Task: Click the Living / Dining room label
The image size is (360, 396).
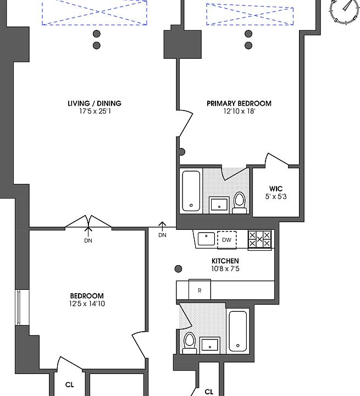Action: (95, 103)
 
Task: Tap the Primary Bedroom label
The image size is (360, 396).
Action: (239, 103)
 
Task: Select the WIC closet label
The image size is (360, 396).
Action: (276, 189)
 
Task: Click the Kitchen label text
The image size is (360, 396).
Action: (225, 261)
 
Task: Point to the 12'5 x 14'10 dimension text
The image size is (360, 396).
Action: (87, 303)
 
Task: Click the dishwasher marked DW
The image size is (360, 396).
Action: (226, 240)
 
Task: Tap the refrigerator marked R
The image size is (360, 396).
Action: (200, 290)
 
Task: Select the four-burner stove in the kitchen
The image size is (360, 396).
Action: (259, 240)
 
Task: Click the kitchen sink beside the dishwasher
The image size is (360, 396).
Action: (206, 239)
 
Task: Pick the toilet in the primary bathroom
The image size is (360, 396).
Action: (239, 203)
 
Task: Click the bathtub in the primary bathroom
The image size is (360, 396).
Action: (191, 191)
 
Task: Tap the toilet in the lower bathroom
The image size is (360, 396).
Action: (190, 343)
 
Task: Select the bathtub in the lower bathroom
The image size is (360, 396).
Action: (238, 331)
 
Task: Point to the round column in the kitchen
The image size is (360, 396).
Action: (178, 269)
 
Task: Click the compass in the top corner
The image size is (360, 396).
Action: (345, 10)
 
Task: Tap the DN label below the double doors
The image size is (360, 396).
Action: (88, 241)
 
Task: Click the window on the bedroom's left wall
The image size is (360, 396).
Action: (19, 307)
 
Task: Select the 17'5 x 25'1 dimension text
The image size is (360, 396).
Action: (95, 111)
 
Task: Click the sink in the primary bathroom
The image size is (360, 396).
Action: (219, 205)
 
